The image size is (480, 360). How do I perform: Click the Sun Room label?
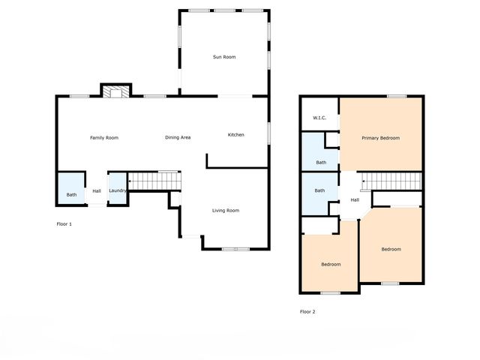224,57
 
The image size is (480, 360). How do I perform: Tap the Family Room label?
104,137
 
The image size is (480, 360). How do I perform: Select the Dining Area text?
178,137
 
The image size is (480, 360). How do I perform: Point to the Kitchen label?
236,134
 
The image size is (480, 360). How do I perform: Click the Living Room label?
225,211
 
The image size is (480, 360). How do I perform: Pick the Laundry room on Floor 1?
117,190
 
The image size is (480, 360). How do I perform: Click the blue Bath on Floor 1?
71,189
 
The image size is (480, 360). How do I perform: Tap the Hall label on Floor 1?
97,191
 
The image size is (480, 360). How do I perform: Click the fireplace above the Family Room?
116,91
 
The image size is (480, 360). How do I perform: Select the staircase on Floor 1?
154,181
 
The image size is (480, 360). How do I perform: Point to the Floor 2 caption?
308,311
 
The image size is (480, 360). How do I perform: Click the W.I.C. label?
319,118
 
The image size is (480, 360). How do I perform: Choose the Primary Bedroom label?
380,138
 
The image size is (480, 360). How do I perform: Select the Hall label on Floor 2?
355,199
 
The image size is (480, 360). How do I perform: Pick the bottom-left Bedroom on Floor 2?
331,264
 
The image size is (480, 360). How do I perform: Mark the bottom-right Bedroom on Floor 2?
391,249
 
